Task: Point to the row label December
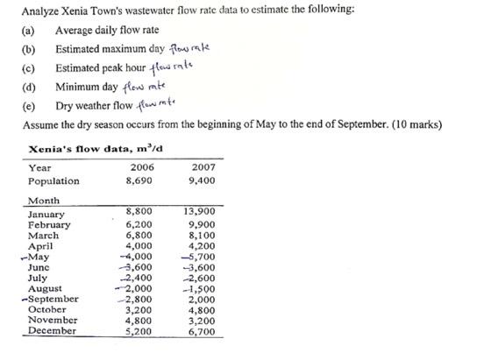(53, 331)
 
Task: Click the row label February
(50, 225)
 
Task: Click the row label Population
(54, 181)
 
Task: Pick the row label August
(46, 288)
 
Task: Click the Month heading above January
(45, 201)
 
